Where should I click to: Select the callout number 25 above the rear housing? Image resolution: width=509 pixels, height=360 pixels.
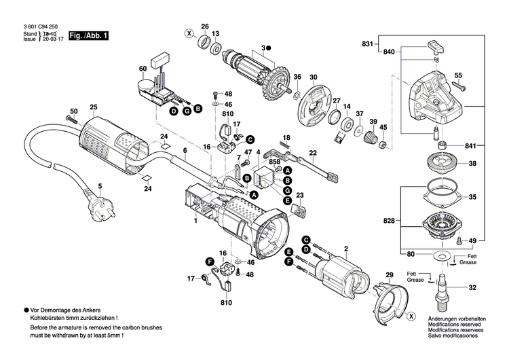94,107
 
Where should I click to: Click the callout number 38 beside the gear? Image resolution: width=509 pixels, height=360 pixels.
472,164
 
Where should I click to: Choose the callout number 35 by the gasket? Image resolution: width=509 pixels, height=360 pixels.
472,196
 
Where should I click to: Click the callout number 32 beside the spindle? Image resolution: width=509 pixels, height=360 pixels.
472,288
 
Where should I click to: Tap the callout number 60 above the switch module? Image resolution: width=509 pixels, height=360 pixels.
143,69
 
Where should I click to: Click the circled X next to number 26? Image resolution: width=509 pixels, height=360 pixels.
189,33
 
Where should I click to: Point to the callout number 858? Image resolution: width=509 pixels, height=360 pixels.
274,163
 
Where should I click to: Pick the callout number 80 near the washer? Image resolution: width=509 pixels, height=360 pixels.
411,254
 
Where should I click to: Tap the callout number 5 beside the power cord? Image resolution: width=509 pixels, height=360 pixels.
100,185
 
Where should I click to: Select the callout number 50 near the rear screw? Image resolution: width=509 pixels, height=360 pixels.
73,111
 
